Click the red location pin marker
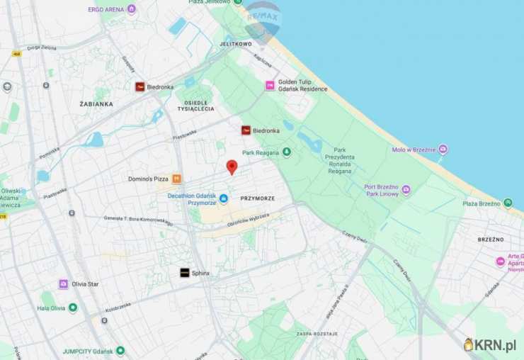pyautogui.click(x=232, y=167)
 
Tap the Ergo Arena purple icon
pyautogui.click(x=131, y=9)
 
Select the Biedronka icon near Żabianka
pyautogui.click(x=140, y=86)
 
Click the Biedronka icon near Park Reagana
pyautogui.click(x=246, y=130)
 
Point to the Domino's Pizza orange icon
pyautogui.click(x=176, y=179)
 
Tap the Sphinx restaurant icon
pyautogui.click(x=184, y=273)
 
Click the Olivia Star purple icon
pyautogui.click(x=63, y=283)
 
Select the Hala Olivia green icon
pyautogui.click(x=73, y=308)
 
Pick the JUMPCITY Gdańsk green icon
pyautogui.click(x=120, y=350)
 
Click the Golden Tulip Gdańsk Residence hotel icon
pyautogui.click(x=269, y=85)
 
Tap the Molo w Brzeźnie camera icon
pyautogui.click(x=443, y=150)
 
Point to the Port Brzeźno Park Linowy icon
pyautogui.click(x=406, y=190)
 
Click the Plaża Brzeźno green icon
pyautogui.click(x=508, y=203)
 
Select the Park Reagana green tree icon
pyautogui.click(x=286, y=152)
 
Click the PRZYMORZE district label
pyautogui.click(x=257, y=198)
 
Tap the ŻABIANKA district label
pyautogui.click(x=96, y=103)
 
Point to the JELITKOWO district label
pyautogui.click(x=236, y=43)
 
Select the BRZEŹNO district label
pyautogui.click(x=490, y=240)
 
